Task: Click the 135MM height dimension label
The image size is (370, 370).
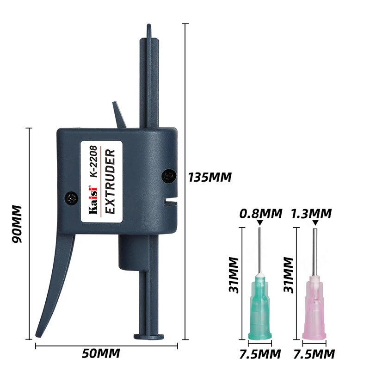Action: point(210,178)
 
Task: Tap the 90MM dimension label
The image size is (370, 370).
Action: point(17,224)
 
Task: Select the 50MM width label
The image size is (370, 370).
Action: point(101,353)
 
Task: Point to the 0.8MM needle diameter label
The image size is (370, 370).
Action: point(261,214)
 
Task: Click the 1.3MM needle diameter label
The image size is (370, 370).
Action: point(311,214)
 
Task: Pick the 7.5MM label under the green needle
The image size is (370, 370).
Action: point(260,354)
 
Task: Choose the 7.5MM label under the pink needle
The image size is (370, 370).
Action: point(314,354)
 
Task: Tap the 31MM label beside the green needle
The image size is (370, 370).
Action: point(234,275)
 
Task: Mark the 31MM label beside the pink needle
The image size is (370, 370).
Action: point(288,275)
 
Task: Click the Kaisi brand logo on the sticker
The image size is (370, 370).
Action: point(93,201)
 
